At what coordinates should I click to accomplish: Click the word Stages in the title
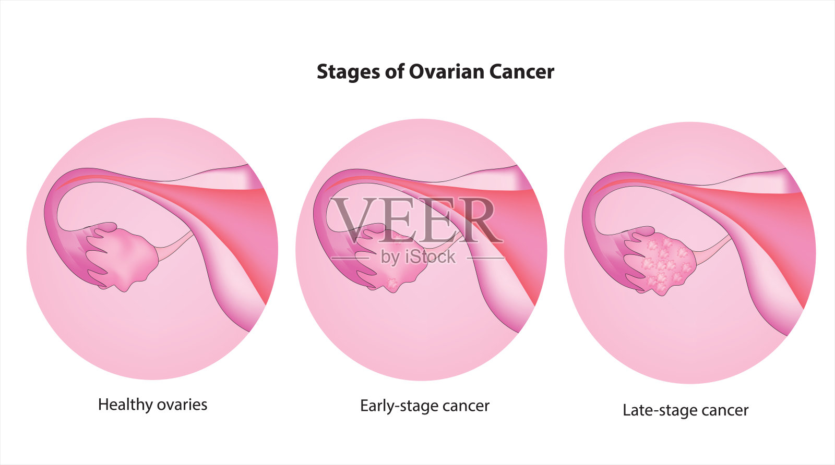click(349, 72)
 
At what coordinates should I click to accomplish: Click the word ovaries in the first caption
click(182, 405)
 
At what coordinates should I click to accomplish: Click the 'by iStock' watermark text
click(418, 257)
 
